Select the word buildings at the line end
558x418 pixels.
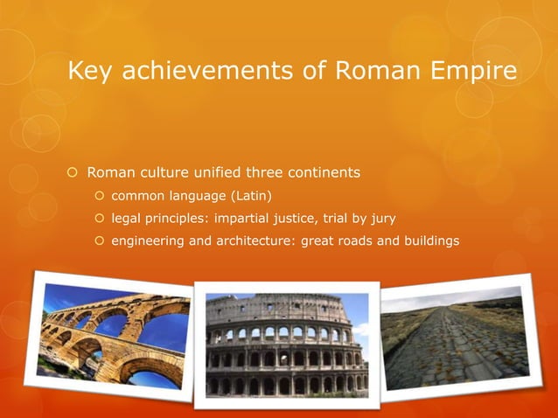coord(429,240)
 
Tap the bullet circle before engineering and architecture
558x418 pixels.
coord(99,240)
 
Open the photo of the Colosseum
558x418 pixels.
coord(287,342)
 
